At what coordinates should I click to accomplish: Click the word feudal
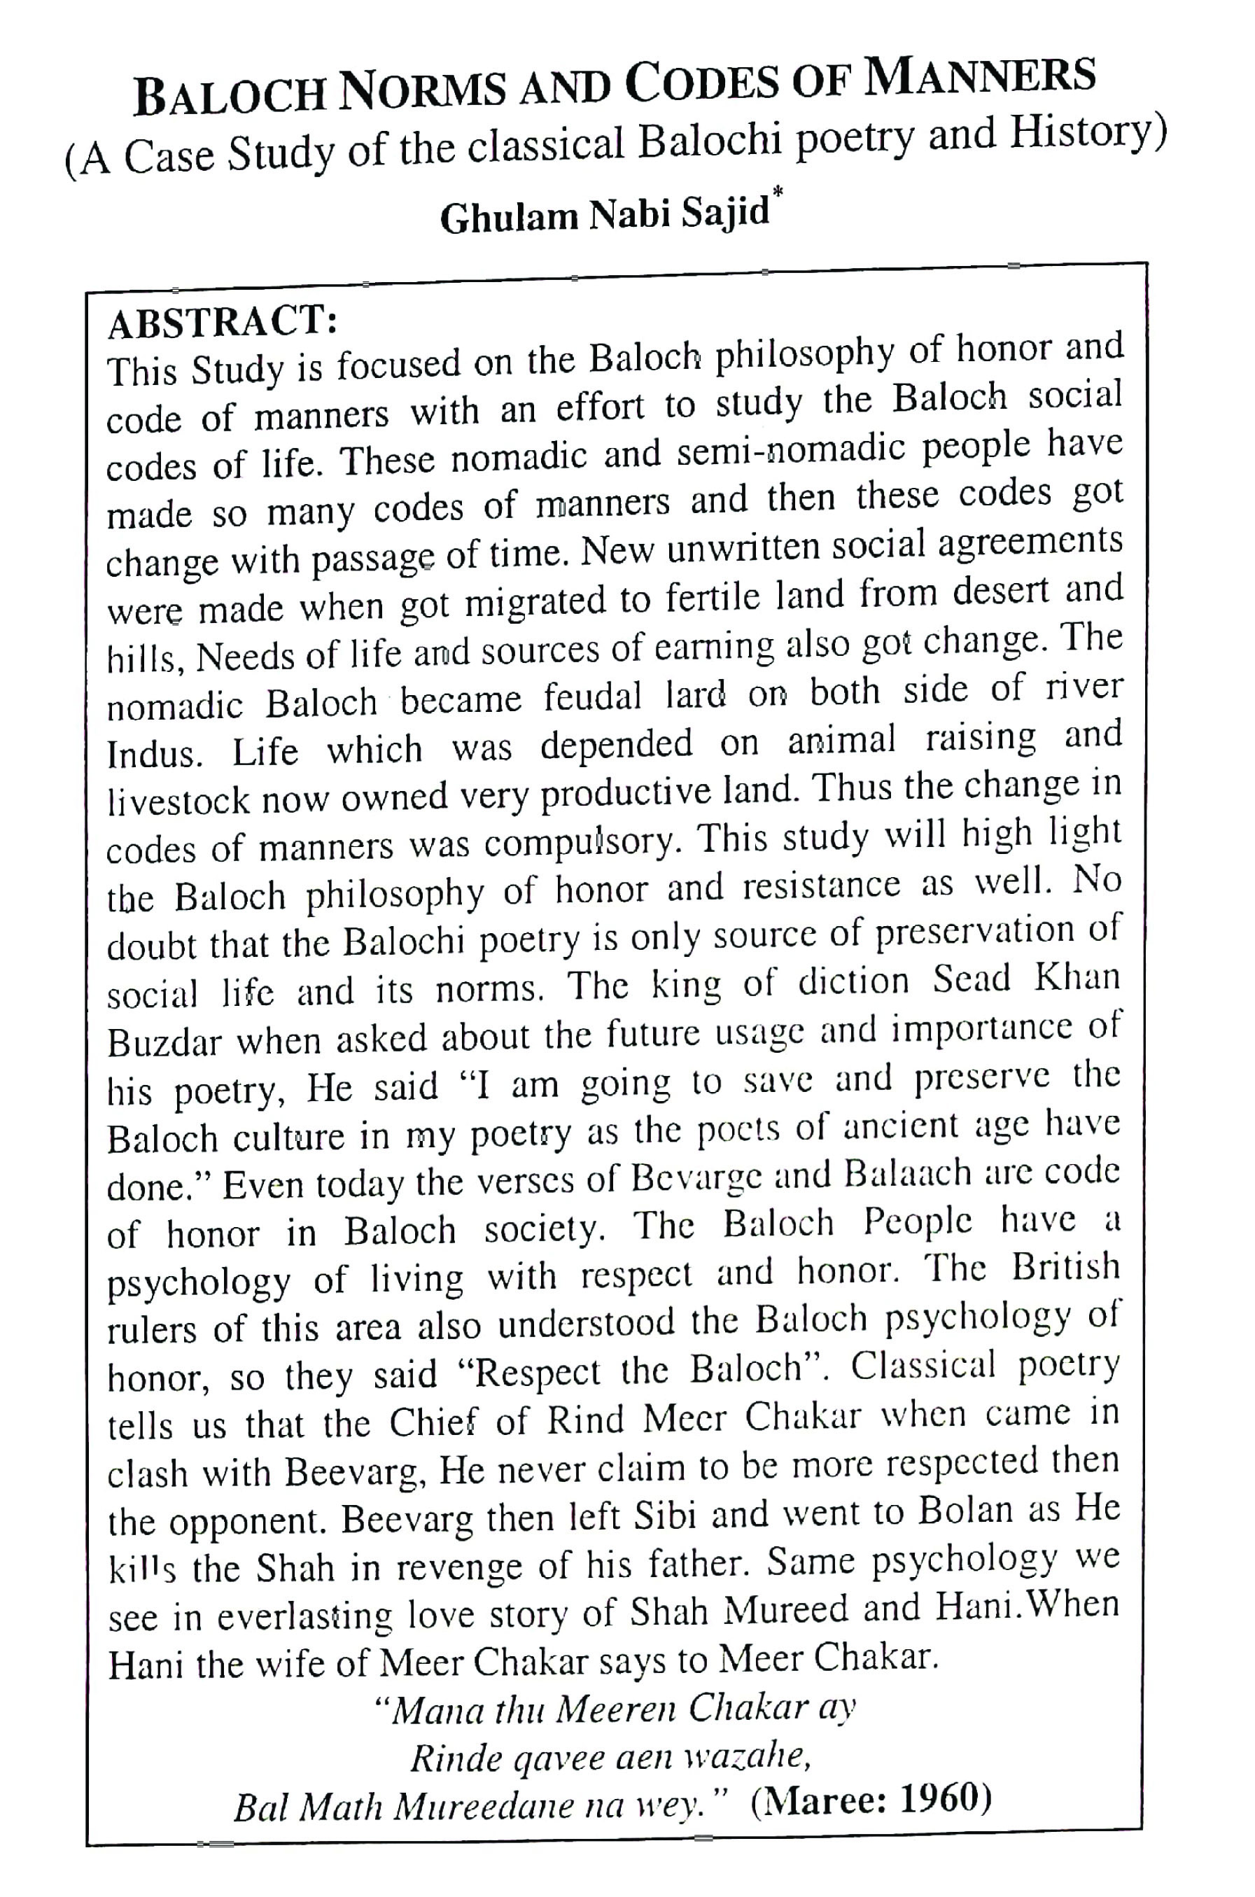click(x=593, y=696)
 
